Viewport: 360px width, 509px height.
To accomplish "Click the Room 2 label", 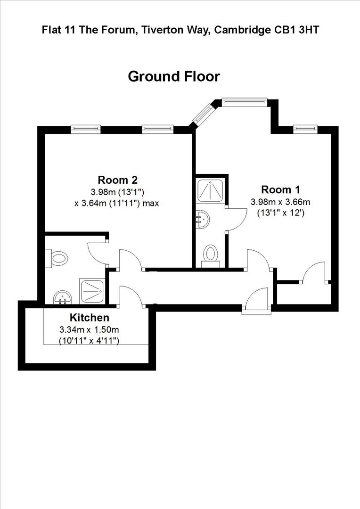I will tap(117, 180).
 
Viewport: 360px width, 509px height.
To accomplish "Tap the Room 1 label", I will tap(281, 189).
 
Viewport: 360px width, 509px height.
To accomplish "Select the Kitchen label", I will tap(90, 318).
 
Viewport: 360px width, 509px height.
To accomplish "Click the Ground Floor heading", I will tap(174, 76).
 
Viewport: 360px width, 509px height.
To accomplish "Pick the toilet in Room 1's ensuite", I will tap(211, 255).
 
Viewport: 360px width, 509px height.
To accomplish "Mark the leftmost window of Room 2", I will tap(86, 127).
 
